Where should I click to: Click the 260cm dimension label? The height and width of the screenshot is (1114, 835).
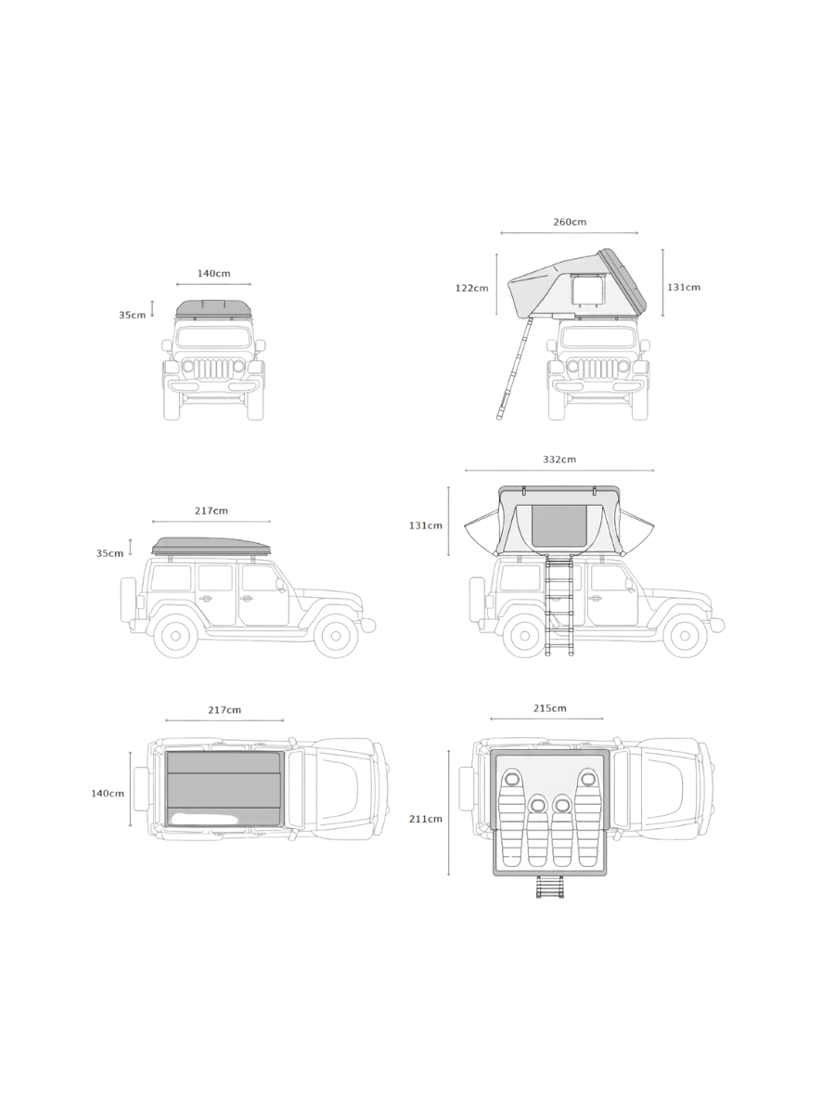tap(570, 222)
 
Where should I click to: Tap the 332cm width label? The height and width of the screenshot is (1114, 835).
tap(559, 460)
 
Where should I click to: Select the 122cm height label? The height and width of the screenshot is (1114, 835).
tap(471, 289)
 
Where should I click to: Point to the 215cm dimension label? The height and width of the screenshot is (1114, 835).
tap(549, 708)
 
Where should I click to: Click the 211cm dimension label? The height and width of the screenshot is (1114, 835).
tap(426, 819)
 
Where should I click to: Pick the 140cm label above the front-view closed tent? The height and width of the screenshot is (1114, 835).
tap(213, 274)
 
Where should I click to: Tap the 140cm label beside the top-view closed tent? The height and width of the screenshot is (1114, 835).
tap(108, 793)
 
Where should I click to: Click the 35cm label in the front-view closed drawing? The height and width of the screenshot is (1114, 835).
tap(133, 315)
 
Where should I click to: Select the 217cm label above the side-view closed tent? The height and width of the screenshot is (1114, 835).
tap(211, 512)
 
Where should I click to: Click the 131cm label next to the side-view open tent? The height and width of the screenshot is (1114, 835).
tap(426, 525)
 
